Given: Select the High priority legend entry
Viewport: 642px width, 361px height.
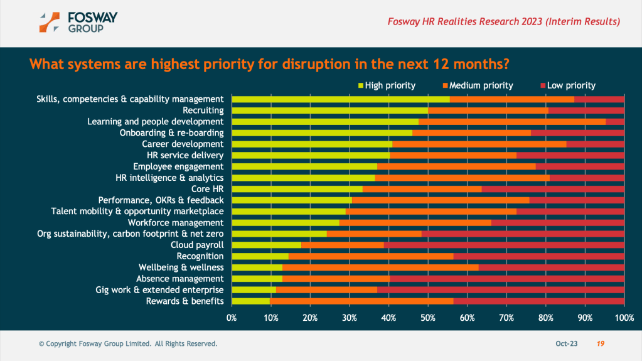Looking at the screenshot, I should coord(386,85).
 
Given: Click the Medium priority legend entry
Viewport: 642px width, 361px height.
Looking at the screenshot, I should coord(477,85).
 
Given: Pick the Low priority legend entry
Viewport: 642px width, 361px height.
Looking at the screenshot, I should coord(567,85).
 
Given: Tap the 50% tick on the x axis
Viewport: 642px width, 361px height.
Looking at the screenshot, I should coord(428,318).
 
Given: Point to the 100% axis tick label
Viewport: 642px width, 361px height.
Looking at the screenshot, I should coord(624,318).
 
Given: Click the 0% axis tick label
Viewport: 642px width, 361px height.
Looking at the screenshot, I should coord(232,318).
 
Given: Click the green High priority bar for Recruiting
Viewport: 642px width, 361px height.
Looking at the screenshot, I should coord(329,110).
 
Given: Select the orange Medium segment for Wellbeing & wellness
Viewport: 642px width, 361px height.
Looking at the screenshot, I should coord(380,267).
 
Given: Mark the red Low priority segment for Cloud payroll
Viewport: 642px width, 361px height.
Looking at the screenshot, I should coord(504,245).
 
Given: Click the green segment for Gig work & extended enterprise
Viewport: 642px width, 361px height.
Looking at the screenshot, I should coord(254,290).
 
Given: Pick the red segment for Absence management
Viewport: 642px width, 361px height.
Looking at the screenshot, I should coord(506,279).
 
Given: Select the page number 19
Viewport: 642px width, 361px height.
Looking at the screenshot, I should coord(601,344).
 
